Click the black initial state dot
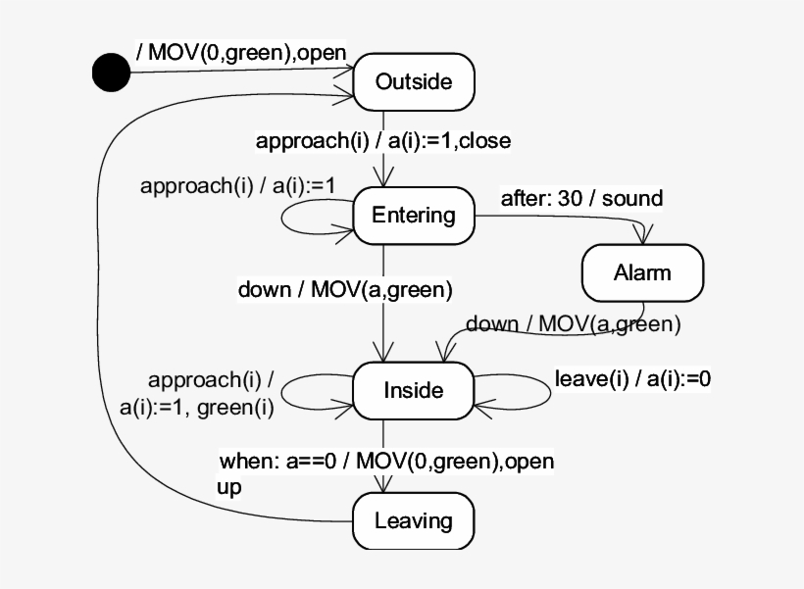click(111, 72)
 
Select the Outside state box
click(414, 81)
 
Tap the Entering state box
click(414, 215)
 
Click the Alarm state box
click(642, 271)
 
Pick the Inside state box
click(413, 390)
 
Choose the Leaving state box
click(413, 519)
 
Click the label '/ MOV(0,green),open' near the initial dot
click(241, 52)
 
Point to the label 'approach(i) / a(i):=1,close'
click(382, 140)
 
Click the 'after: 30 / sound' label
click(581, 198)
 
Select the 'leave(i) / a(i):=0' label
click(632, 379)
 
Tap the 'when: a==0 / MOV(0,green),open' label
click(386, 461)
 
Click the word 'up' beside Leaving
click(228, 486)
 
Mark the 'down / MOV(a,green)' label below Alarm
click(573, 322)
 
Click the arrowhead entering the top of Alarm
click(644, 235)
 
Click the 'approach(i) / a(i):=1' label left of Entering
click(237, 185)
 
